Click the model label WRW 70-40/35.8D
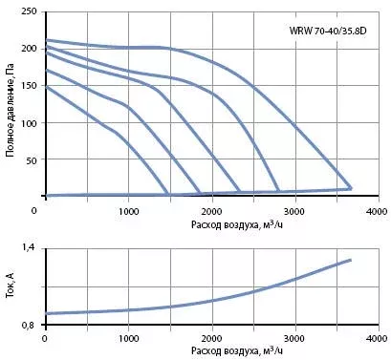328,32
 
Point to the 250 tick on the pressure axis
30,11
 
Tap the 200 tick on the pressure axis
30,49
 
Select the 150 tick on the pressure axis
30,86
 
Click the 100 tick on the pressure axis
30,123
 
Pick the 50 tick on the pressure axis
32,160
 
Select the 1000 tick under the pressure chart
128,211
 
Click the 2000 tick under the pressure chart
212,211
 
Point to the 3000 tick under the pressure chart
295,211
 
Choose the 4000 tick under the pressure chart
378,211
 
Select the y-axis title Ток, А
11,286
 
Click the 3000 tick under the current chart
295,338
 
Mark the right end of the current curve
351,260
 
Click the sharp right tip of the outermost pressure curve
351,188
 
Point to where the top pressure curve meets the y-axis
47,40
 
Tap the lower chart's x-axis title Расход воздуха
237,350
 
